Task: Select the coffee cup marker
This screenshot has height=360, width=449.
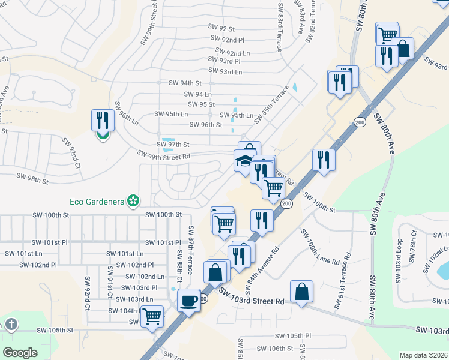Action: point(190,299)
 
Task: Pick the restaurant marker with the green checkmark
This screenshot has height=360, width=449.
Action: point(103,122)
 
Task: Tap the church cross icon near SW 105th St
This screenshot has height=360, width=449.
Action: point(11,325)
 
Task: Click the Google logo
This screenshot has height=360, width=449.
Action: point(20,353)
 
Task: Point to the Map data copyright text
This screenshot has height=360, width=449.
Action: point(424,355)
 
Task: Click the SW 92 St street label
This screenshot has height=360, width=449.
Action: point(221,28)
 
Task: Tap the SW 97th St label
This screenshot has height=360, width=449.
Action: point(173,145)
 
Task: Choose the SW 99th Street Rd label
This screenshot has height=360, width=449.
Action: point(164,155)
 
